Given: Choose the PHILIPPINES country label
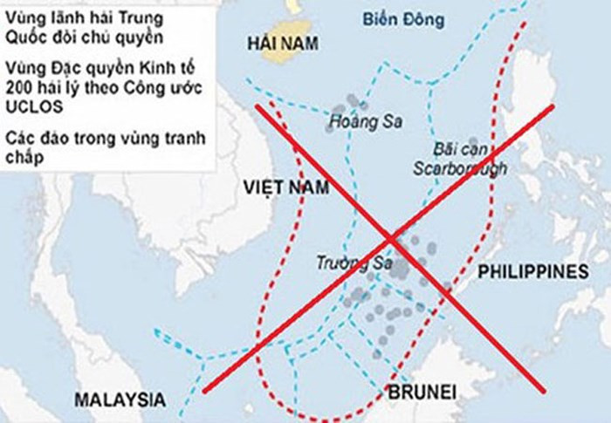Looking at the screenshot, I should [532, 272].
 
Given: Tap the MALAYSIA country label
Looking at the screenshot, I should [120, 399].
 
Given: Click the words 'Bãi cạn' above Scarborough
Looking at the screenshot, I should [455, 148].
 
